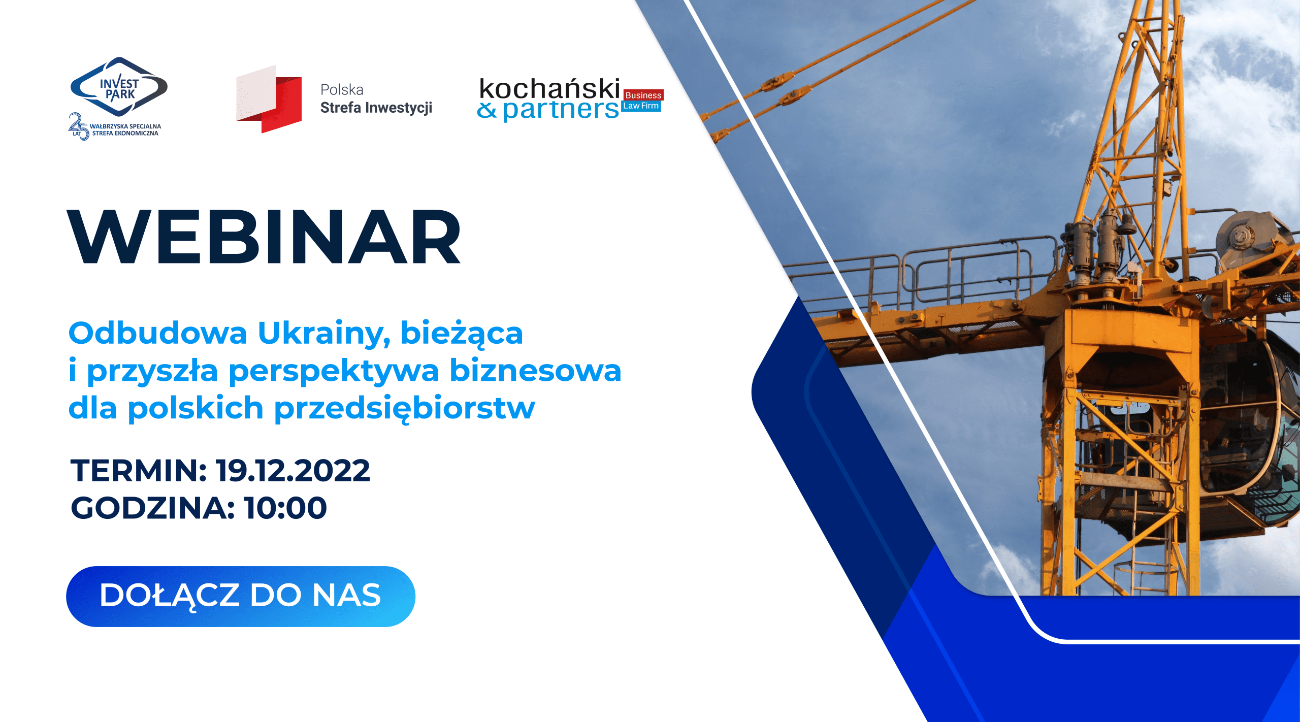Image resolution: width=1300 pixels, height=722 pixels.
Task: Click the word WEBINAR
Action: click(x=264, y=237)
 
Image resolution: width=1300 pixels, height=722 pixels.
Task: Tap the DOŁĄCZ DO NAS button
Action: click(x=241, y=596)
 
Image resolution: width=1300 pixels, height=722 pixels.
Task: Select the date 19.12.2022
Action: click(x=293, y=470)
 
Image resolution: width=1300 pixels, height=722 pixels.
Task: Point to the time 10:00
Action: click(x=285, y=508)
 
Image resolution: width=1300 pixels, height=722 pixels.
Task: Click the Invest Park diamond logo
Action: click(x=119, y=87)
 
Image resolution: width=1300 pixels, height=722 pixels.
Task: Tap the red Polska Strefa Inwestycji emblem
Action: click(x=269, y=99)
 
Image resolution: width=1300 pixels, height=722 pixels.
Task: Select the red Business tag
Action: click(x=643, y=95)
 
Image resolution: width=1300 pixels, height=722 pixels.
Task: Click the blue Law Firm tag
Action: click(x=641, y=106)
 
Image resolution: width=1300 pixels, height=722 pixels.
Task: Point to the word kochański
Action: click(x=549, y=89)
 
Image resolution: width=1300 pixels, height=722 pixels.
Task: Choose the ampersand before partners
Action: click(x=487, y=110)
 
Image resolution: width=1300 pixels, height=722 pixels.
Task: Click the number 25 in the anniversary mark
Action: click(x=79, y=125)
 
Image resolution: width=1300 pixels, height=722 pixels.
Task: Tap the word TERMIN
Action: click(x=139, y=470)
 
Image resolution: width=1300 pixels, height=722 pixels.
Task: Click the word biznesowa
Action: click(x=536, y=370)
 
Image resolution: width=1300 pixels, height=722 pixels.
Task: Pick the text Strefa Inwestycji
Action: click(x=376, y=108)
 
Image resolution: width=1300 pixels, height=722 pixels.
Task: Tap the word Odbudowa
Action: click(x=158, y=333)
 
